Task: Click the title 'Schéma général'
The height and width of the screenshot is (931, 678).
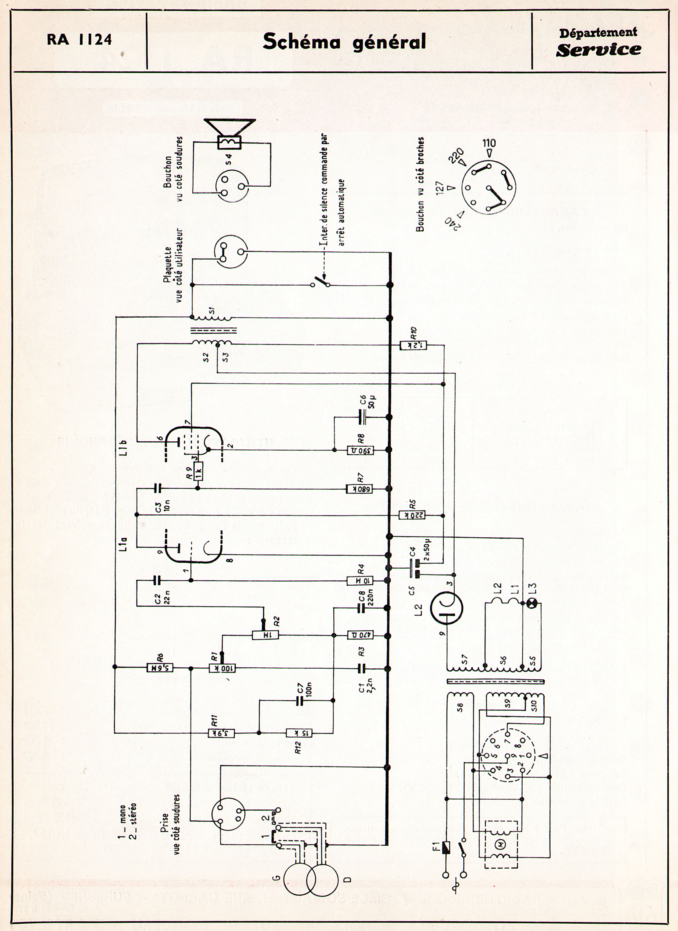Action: tap(344, 42)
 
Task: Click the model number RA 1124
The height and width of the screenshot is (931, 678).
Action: tap(79, 40)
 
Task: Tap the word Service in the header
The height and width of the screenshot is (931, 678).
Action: tap(598, 50)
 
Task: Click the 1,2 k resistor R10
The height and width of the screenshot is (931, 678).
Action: tap(413, 346)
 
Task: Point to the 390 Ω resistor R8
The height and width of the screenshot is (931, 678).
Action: tap(360, 450)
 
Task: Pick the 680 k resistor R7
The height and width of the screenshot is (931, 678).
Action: tap(360, 489)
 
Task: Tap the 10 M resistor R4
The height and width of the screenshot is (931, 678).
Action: tap(360, 580)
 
